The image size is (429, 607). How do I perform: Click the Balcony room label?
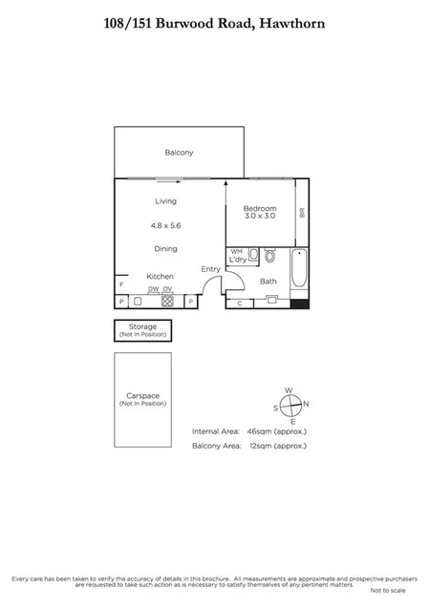coord(179,153)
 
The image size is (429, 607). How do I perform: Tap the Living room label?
coord(166,201)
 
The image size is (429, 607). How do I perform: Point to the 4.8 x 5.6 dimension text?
coord(165,225)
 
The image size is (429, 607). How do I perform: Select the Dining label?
coord(166,249)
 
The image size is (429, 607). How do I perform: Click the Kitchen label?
coord(159,276)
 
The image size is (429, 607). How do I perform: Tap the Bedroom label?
coord(259,208)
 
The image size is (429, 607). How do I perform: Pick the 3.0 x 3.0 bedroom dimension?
coord(259,217)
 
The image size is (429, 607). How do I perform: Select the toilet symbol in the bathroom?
coord(270,256)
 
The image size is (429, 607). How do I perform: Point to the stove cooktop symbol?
coord(166,301)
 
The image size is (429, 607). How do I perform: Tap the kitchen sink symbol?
coord(137,301)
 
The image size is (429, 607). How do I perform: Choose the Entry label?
coord(210,269)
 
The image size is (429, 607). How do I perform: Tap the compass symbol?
coord(291,404)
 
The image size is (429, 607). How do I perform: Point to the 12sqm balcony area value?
coord(259,445)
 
